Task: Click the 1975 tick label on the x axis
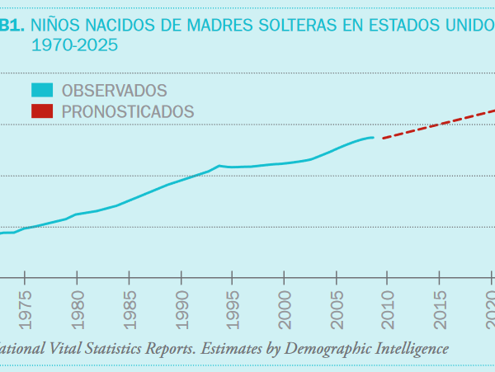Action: (26, 307)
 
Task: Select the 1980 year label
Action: (78, 307)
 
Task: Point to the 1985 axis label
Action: (130, 307)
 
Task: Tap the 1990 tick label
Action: (181, 307)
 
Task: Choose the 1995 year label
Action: (233, 307)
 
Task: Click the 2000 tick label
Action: (285, 307)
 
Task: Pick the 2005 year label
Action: (337, 307)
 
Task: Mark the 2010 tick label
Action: (389, 307)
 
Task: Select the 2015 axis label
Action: (441, 307)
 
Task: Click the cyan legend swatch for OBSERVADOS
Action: (43, 90)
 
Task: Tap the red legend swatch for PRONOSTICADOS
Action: (43, 111)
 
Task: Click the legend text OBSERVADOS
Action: (115, 90)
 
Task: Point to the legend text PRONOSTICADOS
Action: (128, 111)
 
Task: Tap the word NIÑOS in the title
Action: (56, 26)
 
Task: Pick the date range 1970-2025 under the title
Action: (74, 45)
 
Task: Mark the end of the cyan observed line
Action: (373, 137)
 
